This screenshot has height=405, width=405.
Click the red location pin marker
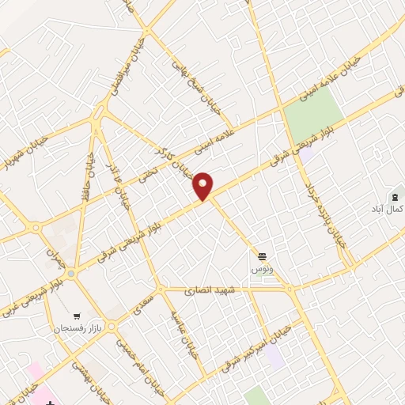(x=204, y=185)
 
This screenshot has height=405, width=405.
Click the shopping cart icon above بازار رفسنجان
(x=78, y=315)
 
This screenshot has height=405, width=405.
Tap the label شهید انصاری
(x=207, y=292)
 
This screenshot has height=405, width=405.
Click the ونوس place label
(x=262, y=269)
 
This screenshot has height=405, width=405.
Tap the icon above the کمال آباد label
(x=392, y=196)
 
